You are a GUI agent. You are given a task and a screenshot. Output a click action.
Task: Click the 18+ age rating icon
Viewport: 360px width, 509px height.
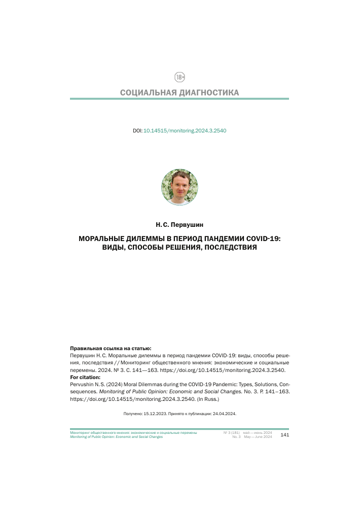coord(179,77)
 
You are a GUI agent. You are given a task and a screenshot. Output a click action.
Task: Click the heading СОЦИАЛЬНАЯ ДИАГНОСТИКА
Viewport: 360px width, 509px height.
coord(179,93)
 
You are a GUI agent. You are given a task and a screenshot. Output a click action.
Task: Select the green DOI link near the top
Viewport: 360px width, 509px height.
coord(185,130)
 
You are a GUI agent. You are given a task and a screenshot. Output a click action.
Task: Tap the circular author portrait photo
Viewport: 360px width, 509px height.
coord(179,187)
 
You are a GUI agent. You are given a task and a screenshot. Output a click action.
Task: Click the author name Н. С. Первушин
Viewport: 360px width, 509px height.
coord(179,224)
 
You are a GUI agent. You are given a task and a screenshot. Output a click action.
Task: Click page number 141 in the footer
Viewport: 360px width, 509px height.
coord(284,435)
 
